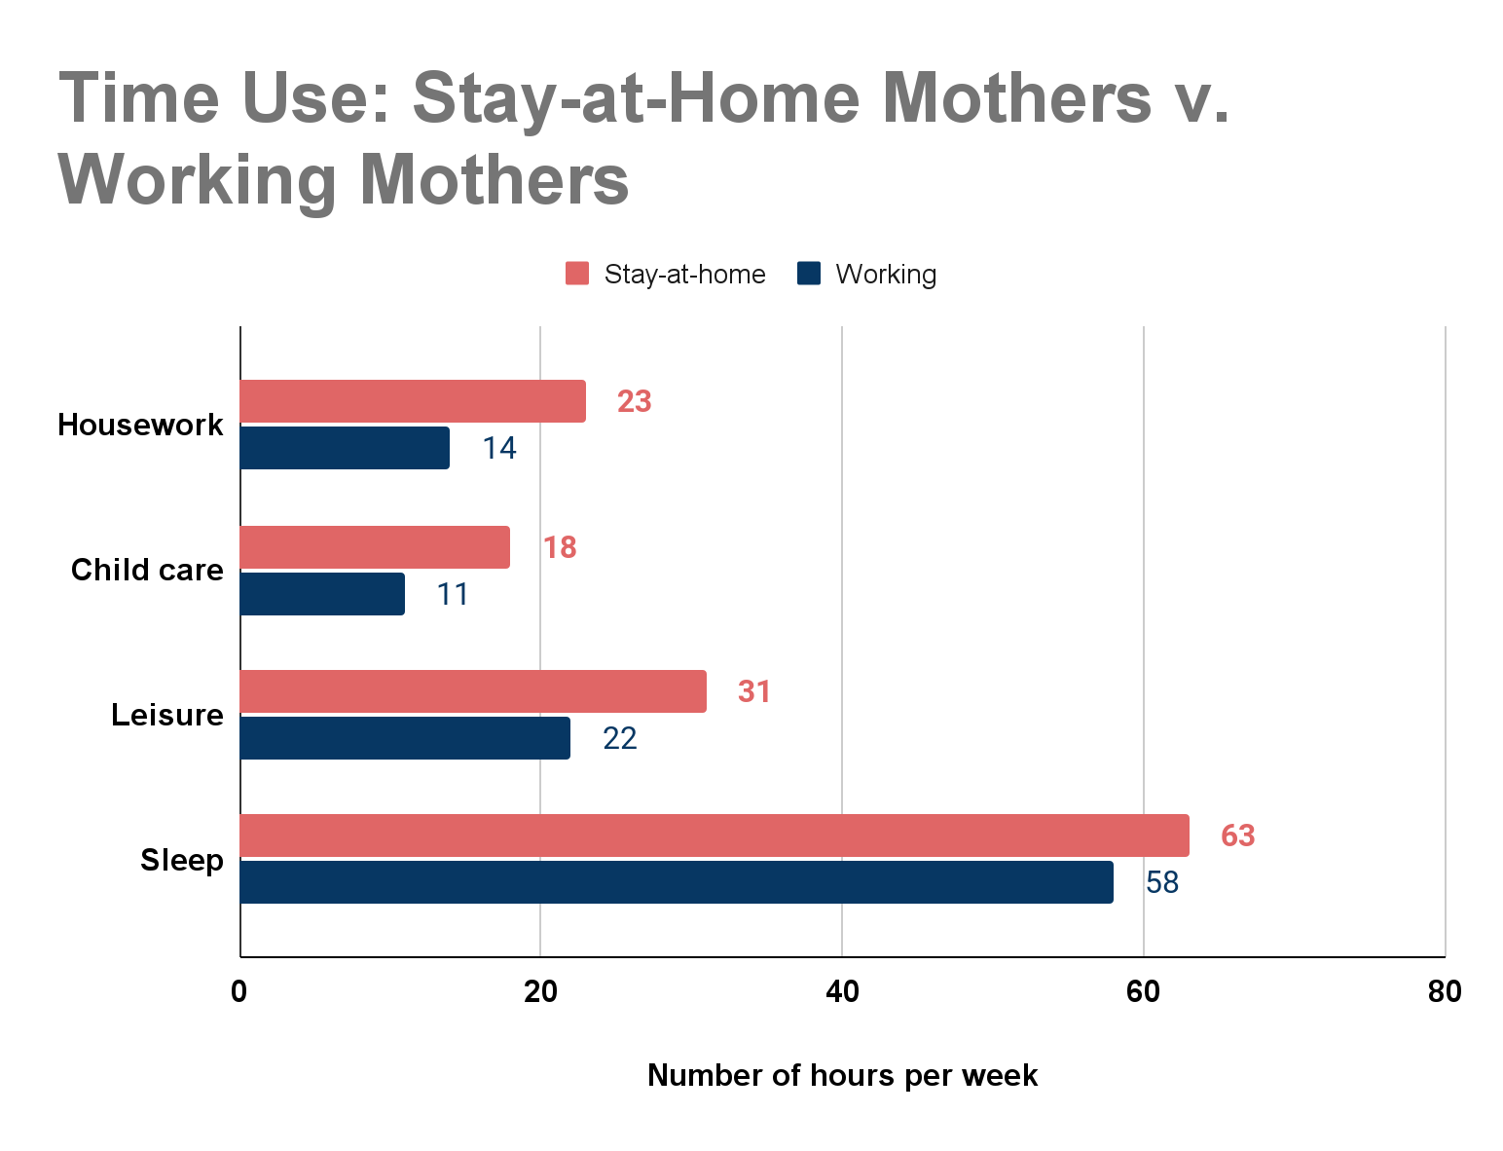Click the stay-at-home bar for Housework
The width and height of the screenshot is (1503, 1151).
coord(413,401)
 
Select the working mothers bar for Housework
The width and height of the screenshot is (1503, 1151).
coord(346,448)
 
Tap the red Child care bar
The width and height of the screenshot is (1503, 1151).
coord(375,547)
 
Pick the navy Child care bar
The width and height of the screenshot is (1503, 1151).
coord(322,593)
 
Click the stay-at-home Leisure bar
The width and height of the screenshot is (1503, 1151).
coord(474,691)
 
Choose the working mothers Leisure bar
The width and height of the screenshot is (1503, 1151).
coord(405,738)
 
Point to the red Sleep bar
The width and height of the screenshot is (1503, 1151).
coord(715,835)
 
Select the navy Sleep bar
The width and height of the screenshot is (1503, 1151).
coord(678,882)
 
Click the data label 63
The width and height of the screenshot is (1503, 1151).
coord(1237,835)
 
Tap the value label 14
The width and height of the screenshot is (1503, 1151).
coord(499,448)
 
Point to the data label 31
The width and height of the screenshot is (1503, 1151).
coord(753,691)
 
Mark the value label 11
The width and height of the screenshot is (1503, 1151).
coord(453,594)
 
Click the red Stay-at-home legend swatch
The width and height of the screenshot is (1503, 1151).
coord(577,274)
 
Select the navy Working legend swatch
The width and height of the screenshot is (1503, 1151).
coord(809,274)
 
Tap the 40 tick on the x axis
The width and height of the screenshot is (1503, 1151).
coord(842,992)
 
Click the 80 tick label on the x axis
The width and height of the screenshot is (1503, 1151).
coord(1445,992)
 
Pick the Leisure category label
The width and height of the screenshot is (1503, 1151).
coord(167,715)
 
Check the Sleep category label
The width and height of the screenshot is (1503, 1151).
coord(182,861)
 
